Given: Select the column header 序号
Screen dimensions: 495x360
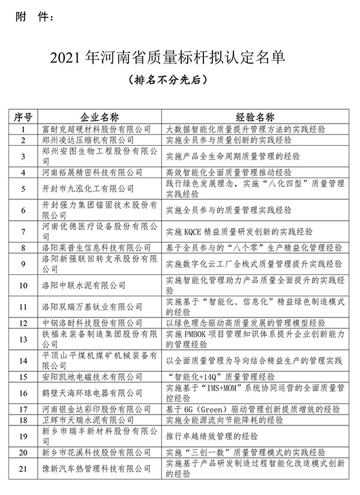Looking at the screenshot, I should [x=24, y=116].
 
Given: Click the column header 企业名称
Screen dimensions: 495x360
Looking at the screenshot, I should [x=100, y=116].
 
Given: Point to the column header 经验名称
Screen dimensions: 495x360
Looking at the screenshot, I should [x=255, y=116].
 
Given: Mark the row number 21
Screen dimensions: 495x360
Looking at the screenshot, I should [x=24, y=469].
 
